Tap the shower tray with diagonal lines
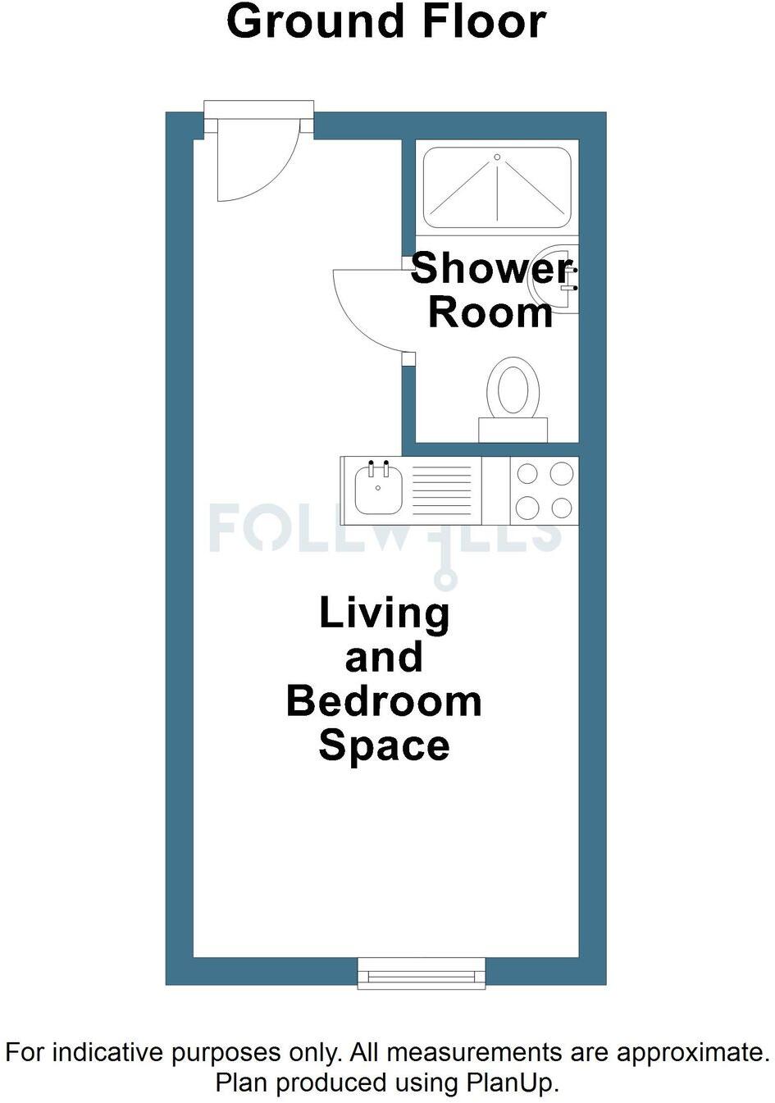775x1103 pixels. [x=496, y=188]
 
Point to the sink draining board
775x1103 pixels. [x=441, y=490]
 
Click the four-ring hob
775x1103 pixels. [x=544, y=490]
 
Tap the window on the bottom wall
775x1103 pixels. [x=422, y=973]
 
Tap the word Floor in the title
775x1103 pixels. [x=483, y=22]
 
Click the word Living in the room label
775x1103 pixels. [x=384, y=613]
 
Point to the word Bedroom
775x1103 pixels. [x=384, y=702]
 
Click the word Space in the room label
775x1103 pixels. [x=384, y=746]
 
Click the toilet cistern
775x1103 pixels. [x=513, y=430]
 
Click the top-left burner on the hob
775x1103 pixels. [x=527, y=474]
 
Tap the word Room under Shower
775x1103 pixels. [x=490, y=313]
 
